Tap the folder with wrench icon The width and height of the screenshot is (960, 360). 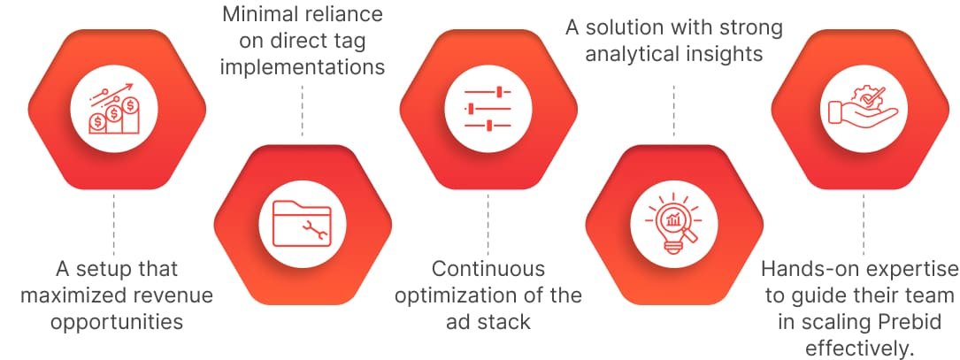point(302,222)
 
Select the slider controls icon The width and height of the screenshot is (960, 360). point(488,109)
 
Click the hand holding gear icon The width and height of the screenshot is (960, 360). point(862,109)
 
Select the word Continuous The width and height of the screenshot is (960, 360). point(488,268)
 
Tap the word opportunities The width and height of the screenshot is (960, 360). point(116,320)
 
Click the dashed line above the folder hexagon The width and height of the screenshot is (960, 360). point(303,111)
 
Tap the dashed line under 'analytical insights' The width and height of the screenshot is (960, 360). point(674,111)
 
